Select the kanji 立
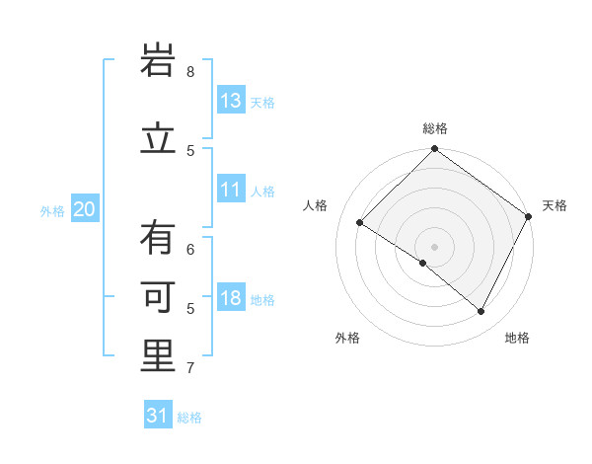[x=159, y=139]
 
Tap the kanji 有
[x=159, y=238]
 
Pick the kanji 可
[x=159, y=297]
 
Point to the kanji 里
[x=159, y=356]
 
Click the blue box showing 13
[x=231, y=101]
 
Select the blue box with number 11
[x=231, y=191]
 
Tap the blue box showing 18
[x=231, y=299]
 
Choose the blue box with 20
[x=84, y=209]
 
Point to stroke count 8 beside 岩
[x=190, y=71]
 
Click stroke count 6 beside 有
[x=190, y=250]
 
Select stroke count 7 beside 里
[x=190, y=368]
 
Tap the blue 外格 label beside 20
[x=52, y=210]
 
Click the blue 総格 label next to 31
[x=189, y=418]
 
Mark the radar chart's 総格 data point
[x=434, y=150]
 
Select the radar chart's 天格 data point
[x=529, y=216]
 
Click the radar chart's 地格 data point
[x=481, y=312]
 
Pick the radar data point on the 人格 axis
[x=360, y=223]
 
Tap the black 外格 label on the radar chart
[x=347, y=338]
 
